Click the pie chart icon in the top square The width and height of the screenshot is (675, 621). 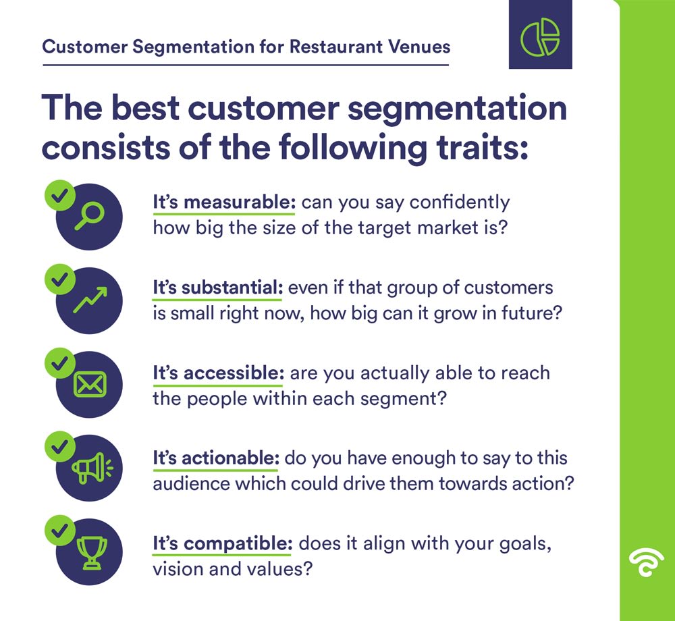click(540, 34)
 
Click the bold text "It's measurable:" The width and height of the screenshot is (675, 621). click(225, 202)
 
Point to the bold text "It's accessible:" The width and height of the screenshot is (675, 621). click(217, 373)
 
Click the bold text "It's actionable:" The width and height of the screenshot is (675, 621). click(215, 458)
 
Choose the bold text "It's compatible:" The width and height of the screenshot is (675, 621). click(223, 543)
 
